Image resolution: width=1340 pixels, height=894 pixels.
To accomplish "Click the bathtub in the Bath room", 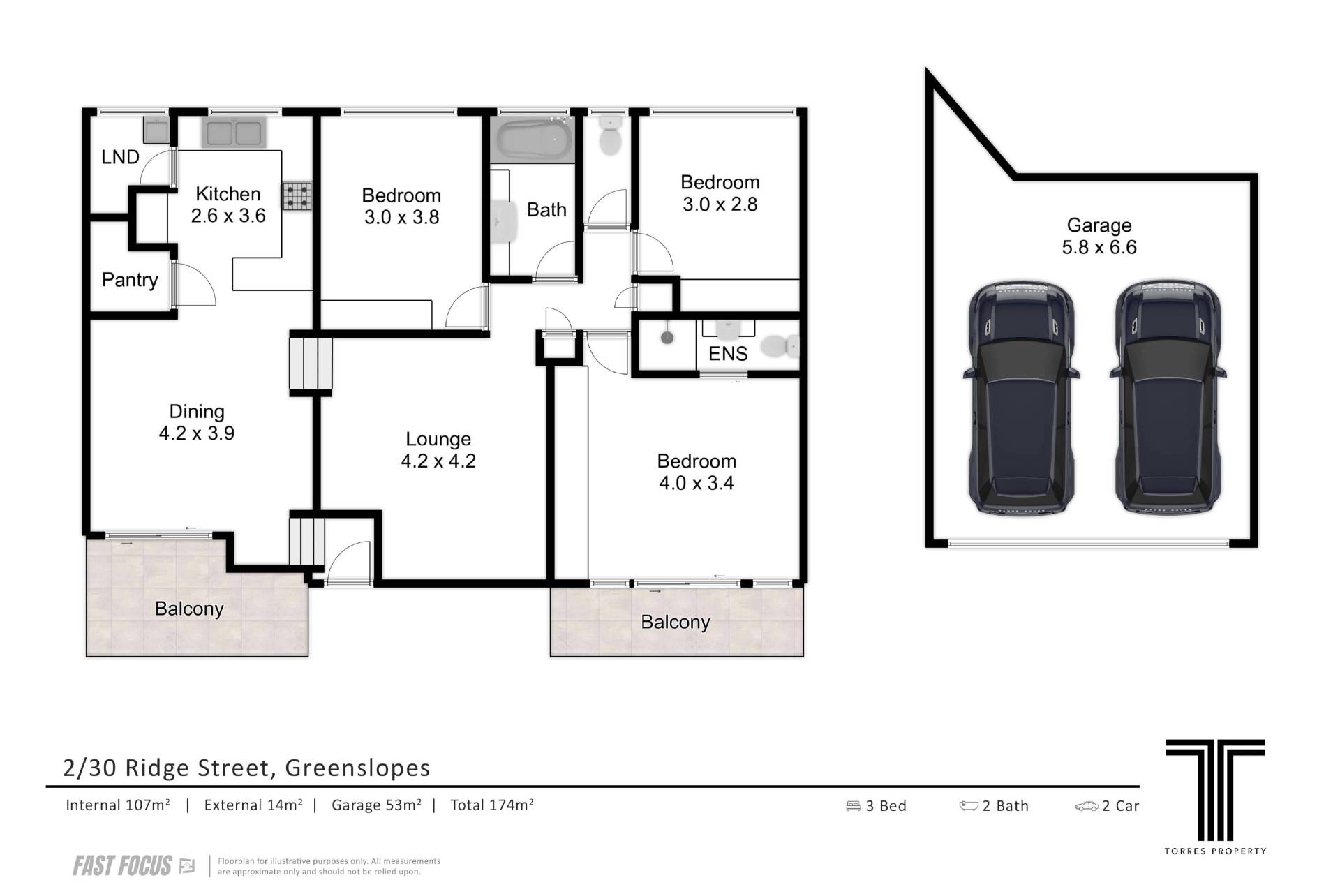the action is (x=534, y=139).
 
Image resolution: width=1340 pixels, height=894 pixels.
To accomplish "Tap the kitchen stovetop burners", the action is (x=297, y=196).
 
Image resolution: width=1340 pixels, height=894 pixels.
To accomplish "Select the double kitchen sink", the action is (x=233, y=132).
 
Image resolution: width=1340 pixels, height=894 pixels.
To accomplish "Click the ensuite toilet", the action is (x=780, y=346).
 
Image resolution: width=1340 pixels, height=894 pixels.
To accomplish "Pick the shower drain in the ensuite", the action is (x=667, y=338).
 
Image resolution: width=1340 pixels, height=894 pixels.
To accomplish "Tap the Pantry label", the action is (x=130, y=280).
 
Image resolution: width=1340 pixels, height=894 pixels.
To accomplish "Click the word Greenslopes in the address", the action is (x=357, y=768).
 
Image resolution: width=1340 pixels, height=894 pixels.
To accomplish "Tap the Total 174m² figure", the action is (x=492, y=805).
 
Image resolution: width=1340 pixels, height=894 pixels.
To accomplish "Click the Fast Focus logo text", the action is (x=122, y=866).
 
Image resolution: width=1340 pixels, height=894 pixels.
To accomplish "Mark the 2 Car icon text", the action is (x=1107, y=806).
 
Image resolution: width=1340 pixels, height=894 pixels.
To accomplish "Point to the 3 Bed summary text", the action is (x=876, y=806).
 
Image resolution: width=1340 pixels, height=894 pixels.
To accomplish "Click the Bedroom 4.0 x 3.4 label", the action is (x=697, y=472).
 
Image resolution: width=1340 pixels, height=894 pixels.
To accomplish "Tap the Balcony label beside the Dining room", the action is (x=189, y=609).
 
